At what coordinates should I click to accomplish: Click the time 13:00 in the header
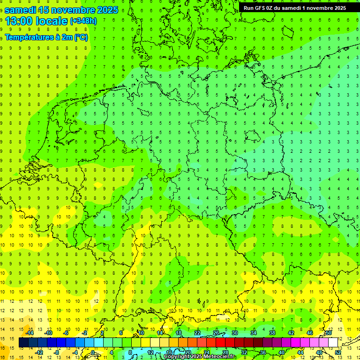coord(18,21)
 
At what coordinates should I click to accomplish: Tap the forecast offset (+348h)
coord(83,21)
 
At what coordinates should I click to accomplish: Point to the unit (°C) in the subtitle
coord(81,37)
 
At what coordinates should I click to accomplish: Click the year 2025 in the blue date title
coord(106,9)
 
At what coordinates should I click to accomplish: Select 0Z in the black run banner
coord(270,8)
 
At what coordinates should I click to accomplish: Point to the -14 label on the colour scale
coord(30,333)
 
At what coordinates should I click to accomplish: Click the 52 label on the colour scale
coord(338,352)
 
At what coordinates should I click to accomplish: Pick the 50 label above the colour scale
coord(329,333)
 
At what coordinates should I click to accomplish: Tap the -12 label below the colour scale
coord(39,352)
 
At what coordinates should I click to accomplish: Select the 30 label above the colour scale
coord(234,333)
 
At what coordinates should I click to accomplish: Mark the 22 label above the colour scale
coord(197,333)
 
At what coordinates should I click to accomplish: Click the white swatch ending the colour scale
coord(333,343)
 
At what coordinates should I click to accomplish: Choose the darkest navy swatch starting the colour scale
coord(23,343)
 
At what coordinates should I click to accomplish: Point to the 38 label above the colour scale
coord(272,333)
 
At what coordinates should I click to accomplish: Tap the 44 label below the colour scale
coord(300,352)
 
